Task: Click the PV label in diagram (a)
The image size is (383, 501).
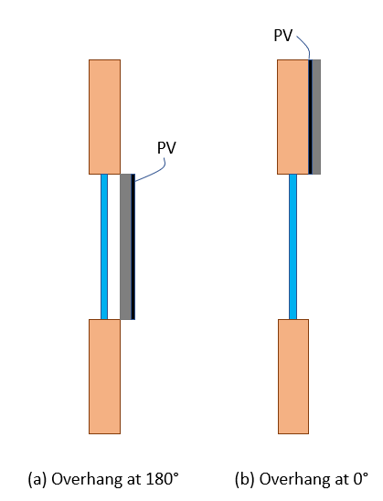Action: [166, 148]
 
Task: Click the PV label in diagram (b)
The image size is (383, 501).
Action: [283, 35]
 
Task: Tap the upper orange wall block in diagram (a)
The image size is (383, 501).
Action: [104, 117]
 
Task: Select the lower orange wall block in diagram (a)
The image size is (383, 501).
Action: [104, 377]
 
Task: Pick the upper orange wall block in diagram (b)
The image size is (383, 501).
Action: [293, 117]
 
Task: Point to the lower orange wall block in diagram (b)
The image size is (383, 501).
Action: [293, 377]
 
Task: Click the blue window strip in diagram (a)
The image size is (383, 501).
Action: [104, 247]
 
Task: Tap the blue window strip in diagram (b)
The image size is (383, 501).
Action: [293, 247]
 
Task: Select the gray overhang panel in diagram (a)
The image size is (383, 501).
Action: [125, 247]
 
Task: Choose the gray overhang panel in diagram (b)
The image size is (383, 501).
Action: [316, 117]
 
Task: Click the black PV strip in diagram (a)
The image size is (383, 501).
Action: [133, 247]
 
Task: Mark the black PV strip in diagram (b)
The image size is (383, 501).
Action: [310, 117]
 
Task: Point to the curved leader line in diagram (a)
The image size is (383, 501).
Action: [161, 170]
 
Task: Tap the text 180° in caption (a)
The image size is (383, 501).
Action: [163, 479]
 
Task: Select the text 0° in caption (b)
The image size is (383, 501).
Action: [361, 479]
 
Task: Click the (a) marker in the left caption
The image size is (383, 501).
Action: [37, 480]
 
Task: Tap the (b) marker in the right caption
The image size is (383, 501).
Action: [245, 480]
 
